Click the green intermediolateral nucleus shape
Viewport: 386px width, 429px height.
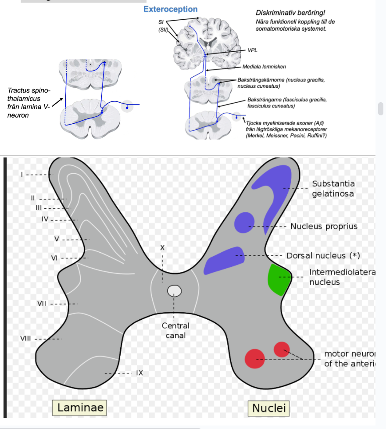[x=278, y=279]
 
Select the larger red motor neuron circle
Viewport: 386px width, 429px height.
[x=254, y=359]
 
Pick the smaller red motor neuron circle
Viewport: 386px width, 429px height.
[x=282, y=349]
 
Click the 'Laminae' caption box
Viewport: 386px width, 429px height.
[x=81, y=407]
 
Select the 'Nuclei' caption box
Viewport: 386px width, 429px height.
[x=269, y=408]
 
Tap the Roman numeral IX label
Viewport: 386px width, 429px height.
[x=139, y=373]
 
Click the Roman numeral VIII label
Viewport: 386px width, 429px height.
[x=25, y=338]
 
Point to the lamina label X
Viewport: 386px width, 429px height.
[x=162, y=248]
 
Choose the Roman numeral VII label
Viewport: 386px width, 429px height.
[x=42, y=303]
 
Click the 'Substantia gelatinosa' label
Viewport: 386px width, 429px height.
[x=333, y=189]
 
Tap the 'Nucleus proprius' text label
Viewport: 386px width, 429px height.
[x=324, y=226]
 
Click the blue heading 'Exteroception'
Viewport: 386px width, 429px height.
[x=170, y=9]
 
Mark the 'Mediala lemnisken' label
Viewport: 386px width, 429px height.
[x=264, y=67]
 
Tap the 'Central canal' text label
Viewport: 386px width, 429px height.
[x=175, y=331]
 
